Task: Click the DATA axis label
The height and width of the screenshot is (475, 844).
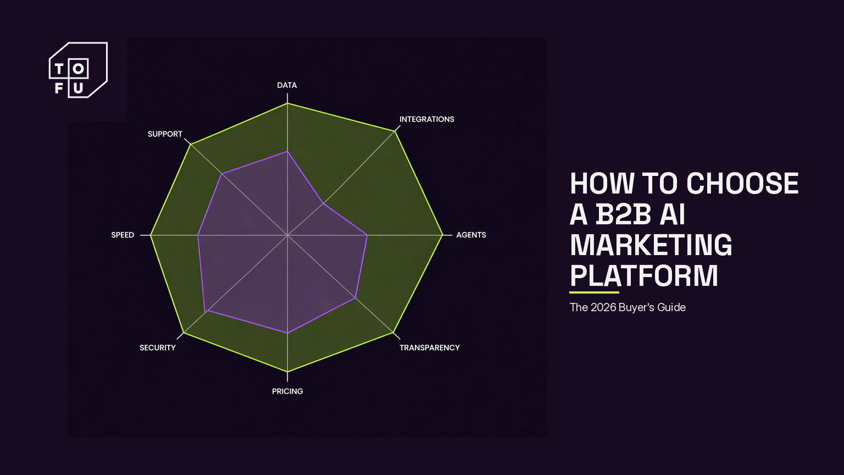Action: tap(287, 85)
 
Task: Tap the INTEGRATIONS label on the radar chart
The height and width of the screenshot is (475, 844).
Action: tap(426, 119)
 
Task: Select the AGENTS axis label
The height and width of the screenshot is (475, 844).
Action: tap(471, 235)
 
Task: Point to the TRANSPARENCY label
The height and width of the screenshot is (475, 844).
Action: tap(429, 347)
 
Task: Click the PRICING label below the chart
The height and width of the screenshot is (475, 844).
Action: tap(287, 391)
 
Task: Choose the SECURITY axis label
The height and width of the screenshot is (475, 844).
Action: tap(158, 347)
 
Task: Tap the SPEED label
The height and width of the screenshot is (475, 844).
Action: tap(123, 235)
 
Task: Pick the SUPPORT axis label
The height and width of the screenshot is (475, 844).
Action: tap(165, 134)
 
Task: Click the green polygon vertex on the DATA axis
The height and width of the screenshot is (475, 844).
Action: tap(287, 103)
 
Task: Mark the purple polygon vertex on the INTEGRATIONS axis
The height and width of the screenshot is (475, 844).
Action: tap(323, 203)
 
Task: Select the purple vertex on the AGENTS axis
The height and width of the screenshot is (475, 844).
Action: tap(367, 235)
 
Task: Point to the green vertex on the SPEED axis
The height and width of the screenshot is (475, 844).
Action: tap(151, 235)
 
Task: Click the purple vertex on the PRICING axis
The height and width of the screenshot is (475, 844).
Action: tap(287, 333)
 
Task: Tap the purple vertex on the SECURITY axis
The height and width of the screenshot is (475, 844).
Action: tap(206, 312)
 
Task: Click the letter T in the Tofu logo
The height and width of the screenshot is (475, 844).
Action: tap(59, 69)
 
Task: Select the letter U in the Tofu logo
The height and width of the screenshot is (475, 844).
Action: tap(78, 88)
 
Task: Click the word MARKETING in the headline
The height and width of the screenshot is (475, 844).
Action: tap(651, 245)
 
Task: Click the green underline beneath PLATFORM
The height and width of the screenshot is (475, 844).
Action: tap(594, 292)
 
